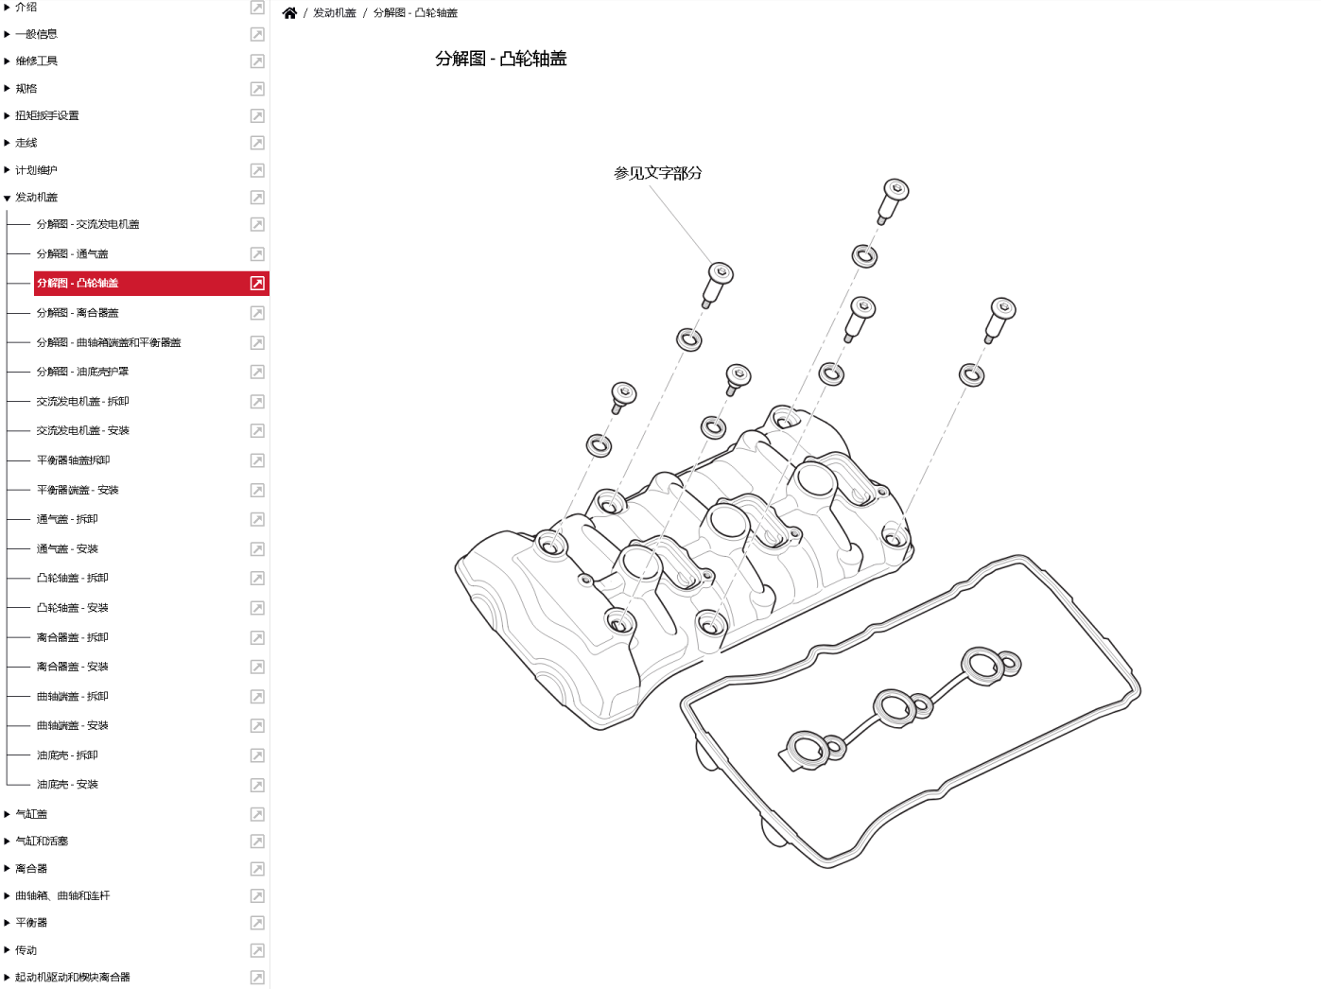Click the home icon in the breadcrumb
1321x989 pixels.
point(289,13)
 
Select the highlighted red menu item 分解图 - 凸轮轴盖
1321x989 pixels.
point(78,284)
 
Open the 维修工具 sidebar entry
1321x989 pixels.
point(36,61)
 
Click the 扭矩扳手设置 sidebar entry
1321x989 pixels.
point(47,115)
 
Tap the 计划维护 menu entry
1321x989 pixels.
point(36,170)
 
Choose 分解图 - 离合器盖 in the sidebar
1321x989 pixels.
point(78,313)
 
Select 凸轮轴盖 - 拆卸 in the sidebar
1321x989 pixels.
point(72,578)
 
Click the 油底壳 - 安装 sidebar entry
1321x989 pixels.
point(67,785)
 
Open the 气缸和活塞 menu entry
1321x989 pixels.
point(42,841)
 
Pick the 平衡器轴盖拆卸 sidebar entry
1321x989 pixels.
point(73,460)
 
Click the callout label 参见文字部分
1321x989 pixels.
point(658,173)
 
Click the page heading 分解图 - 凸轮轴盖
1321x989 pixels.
point(501,59)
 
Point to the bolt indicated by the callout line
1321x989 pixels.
point(718,285)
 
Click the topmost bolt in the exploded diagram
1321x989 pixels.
point(894,201)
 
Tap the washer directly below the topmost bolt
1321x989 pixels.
point(864,257)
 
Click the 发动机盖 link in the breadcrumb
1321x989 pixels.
point(335,13)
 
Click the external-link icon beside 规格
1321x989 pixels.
point(257,89)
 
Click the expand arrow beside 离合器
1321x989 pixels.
point(7,868)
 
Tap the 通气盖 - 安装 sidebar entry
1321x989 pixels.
point(67,548)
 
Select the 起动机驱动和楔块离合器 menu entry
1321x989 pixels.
point(72,977)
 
